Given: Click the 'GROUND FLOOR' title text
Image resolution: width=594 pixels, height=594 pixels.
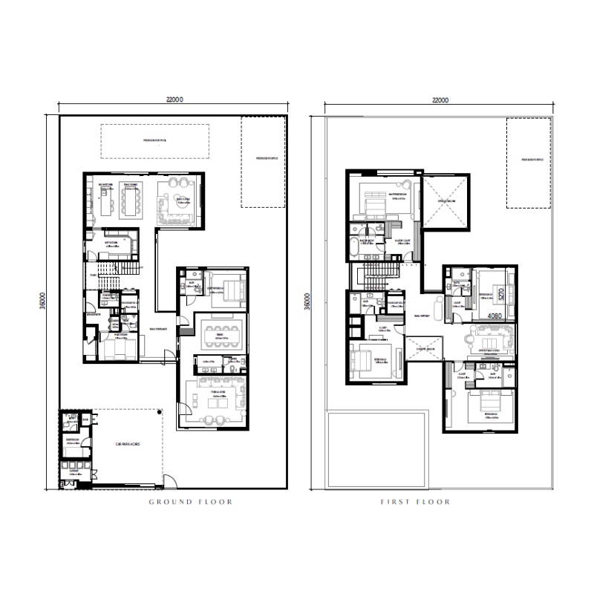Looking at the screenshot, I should pyautogui.click(x=190, y=502).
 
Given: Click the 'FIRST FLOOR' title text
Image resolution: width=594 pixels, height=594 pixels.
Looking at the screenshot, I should pyautogui.click(x=415, y=502).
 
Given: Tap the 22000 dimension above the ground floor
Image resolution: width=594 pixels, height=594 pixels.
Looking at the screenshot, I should pyautogui.click(x=174, y=99).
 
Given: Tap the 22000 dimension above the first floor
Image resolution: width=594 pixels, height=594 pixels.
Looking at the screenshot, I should pyautogui.click(x=440, y=99).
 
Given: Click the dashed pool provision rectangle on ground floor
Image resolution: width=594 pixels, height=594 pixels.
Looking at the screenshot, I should pyautogui.click(x=154, y=141).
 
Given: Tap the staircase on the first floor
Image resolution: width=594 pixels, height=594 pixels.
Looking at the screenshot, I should pyautogui.click(x=380, y=277).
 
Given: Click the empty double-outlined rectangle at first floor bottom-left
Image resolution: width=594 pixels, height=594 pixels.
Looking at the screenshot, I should pyautogui.click(x=376, y=450).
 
